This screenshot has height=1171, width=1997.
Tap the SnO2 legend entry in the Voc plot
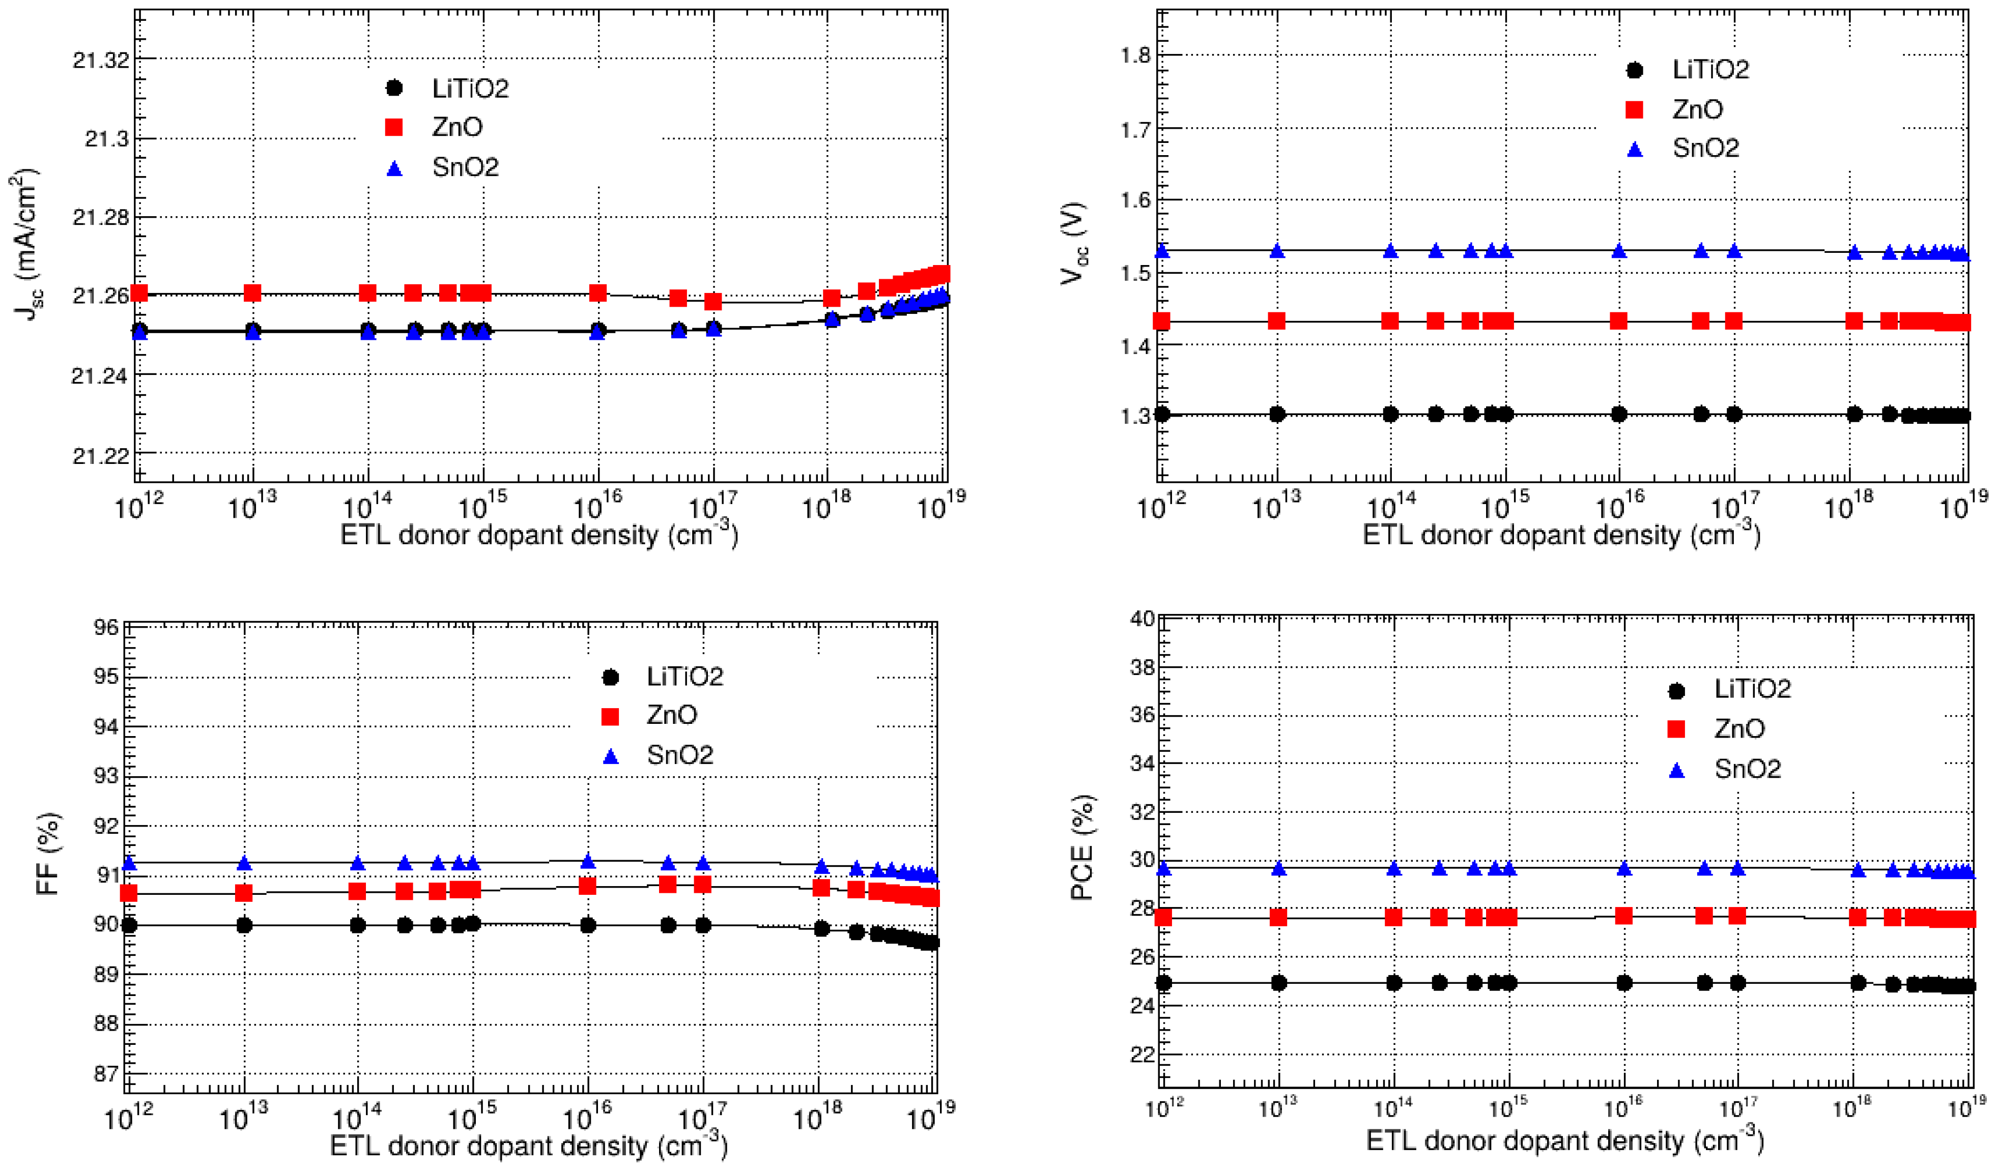click(x=1704, y=148)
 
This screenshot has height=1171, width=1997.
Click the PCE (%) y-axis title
click(x=1082, y=848)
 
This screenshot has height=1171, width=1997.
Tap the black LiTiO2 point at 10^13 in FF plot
click(x=244, y=925)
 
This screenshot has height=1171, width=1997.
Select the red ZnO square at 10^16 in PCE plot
click(x=1624, y=916)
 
